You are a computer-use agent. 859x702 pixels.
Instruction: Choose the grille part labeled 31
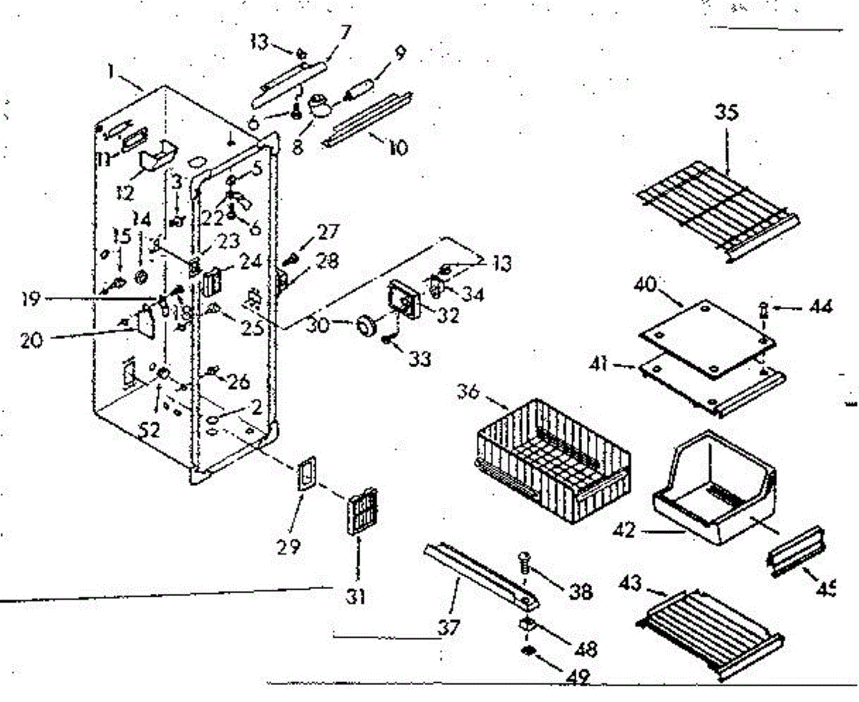pos(361,513)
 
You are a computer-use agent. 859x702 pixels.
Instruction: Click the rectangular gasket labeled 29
pos(306,474)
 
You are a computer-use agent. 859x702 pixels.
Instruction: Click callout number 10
pos(398,148)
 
